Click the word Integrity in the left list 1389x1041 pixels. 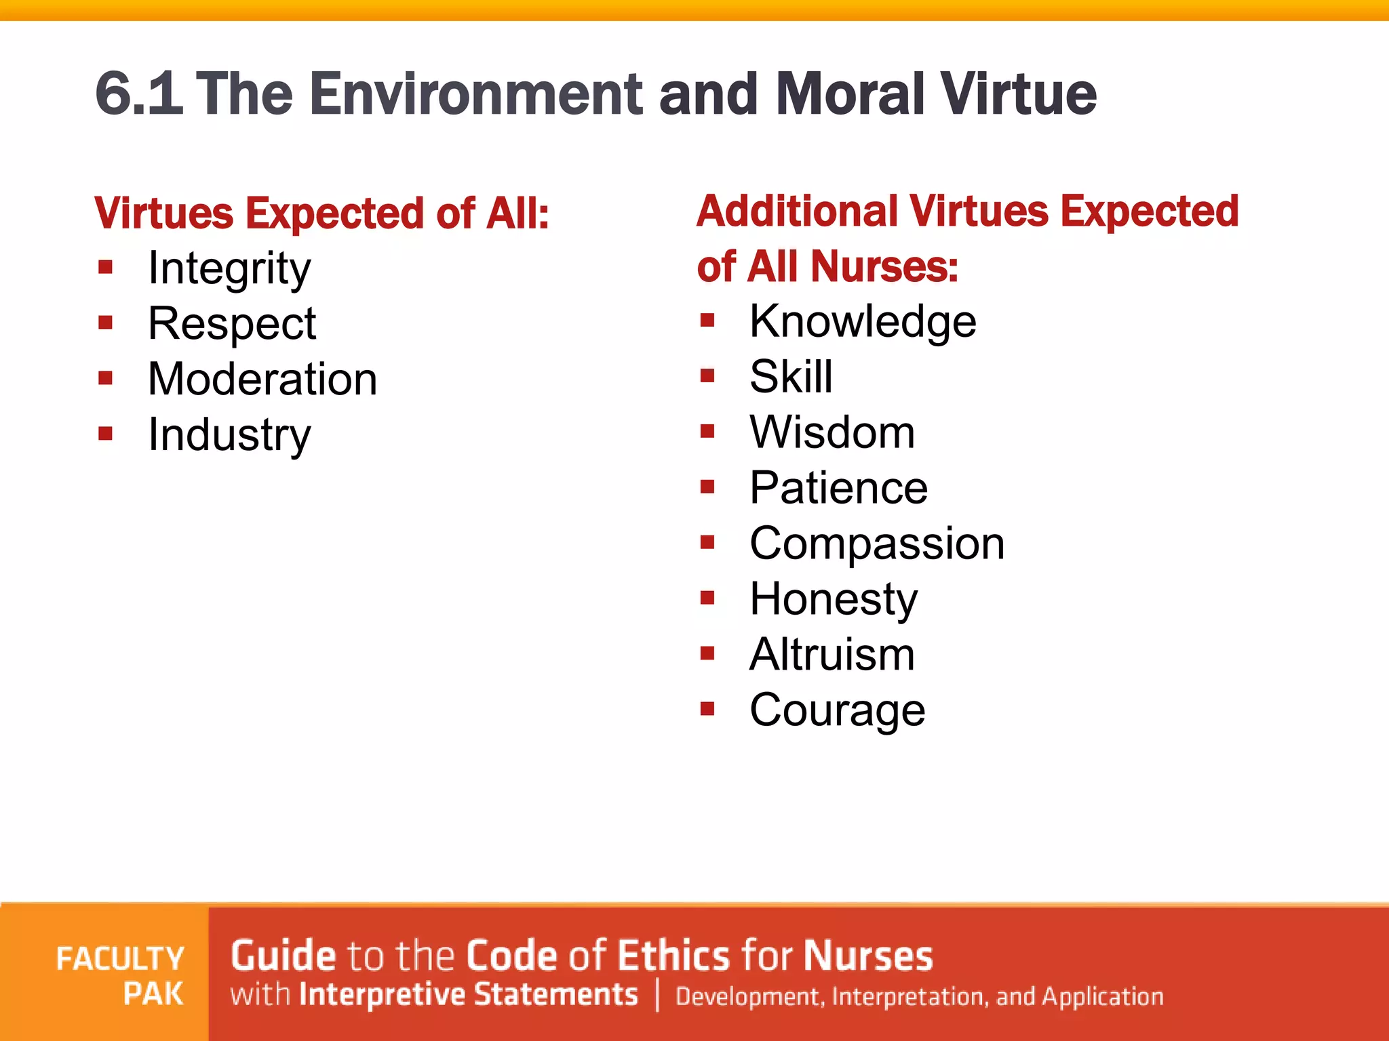[229, 269]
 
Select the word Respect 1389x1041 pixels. [232, 323]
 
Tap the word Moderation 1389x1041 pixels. [262, 379]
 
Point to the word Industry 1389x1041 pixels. [229, 434]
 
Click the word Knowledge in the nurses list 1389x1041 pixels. [863, 321]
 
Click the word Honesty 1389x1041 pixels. [834, 599]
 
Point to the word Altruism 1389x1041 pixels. [832, 655]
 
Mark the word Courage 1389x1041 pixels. [838, 710]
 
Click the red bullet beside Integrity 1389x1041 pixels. [105, 267]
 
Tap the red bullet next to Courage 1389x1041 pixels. [707, 709]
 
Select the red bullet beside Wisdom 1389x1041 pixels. [707, 431]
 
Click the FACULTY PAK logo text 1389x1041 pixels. [121, 976]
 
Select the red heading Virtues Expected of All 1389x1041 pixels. [321, 214]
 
